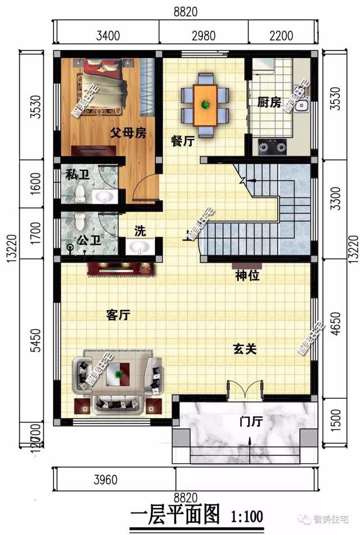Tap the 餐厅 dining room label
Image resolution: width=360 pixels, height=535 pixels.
pyautogui.click(x=182, y=142)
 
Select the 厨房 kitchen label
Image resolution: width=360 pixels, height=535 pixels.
pyautogui.click(x=269, y=103)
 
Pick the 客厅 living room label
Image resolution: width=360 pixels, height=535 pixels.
pyautogui.click(x=118, y=315)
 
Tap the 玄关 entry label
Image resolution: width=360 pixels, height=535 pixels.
pyautogui.click(x=245, y=349)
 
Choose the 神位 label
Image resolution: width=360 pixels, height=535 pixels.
pyautogui.click(x=247, y=276)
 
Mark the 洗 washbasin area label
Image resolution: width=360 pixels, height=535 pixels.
pyautogui.click(x=139, y=231)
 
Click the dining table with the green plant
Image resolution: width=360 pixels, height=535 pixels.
pyautogui.click(x=205, y=105)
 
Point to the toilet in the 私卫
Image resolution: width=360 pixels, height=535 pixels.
pyautogui.click(x=79, y=194)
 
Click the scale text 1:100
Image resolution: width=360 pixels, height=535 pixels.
pyautogui.click(x=246, y=515)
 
